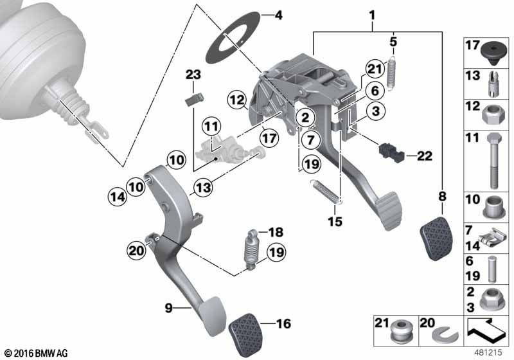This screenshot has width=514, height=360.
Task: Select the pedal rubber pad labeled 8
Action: click(436, 238)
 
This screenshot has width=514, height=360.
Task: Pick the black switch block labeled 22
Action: click(391, 152)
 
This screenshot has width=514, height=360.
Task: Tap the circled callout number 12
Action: click(237, 100)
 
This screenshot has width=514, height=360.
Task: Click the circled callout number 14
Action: click(118, 197)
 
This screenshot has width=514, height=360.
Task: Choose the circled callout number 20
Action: click(136, 251)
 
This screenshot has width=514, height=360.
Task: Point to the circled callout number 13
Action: click(203, 188)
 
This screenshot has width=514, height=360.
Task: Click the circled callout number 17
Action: click(269, 138)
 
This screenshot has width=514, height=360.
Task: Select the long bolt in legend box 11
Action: click(494, 161)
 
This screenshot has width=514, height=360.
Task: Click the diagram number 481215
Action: click(488, 352)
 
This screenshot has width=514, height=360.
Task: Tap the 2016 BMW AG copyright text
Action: click(37, 354)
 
